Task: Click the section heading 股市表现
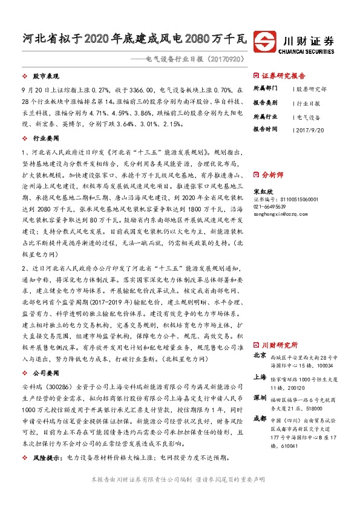[x=44, y=77]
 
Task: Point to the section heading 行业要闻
[x=44, y=138]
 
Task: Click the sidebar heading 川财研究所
[x=280, y=345]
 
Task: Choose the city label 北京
[x=260, y=355]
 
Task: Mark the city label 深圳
[x=260, y=397]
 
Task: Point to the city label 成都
[x=260, y=418]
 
